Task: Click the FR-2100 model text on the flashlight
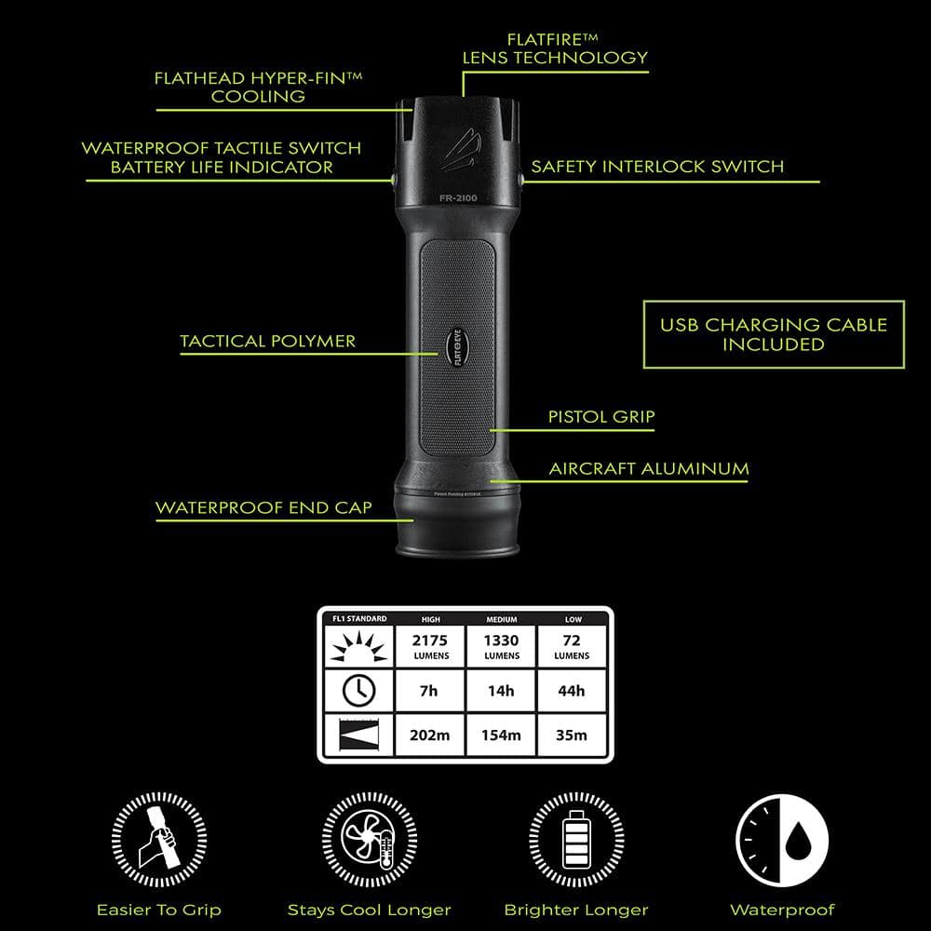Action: coord(458,197)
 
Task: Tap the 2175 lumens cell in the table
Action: coord(430,644)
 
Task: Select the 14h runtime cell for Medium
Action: coord(501,691)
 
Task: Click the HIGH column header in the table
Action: coord(430,619)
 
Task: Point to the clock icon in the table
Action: coord(358,690)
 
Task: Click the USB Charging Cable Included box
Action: coord(774,334)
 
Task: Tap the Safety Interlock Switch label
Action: coord(657,167)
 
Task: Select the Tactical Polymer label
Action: coord(268,341)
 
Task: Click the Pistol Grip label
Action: coord(601,417)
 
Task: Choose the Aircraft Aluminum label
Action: coord(649,468)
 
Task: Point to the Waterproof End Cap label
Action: coord(263,507)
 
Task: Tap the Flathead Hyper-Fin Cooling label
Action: coord(258,87)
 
